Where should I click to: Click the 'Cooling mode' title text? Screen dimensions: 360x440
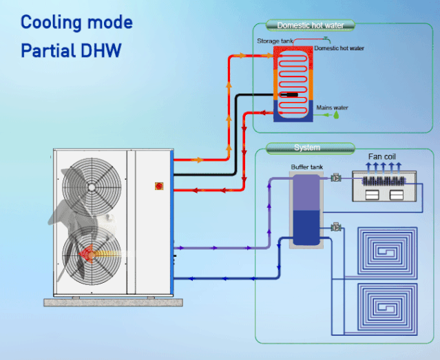[76, 23]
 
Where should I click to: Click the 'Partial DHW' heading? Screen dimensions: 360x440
[71, 51]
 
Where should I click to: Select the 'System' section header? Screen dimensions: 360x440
[306, 147]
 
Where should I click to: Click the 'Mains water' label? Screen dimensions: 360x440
[332, 107]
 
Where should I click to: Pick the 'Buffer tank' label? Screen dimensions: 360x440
[306, 167]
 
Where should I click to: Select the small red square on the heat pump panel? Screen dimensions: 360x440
[158, 185]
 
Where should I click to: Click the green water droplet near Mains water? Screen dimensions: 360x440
[337, 116]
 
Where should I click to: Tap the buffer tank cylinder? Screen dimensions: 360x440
[305, 210]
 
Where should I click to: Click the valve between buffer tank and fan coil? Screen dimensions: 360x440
[336, 178]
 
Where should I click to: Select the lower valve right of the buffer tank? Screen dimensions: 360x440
[336, 226]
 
